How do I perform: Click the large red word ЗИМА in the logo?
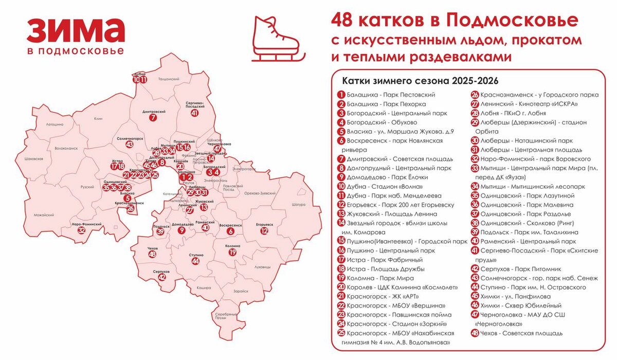coord(75,31)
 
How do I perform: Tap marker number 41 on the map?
coord(194,113)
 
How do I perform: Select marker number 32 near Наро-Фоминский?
coord(81,231)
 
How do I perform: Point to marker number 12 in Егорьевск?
coord(264,231)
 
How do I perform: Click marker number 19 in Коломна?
coord(232,253)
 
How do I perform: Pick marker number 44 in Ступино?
coord(195,261)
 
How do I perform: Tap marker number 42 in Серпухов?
coord(162,278)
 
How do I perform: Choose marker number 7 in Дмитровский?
coord(152,118)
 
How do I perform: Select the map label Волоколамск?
coord(65,148)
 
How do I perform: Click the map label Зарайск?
coord(241,291)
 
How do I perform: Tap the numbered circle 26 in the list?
coord(475,95)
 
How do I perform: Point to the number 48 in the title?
coord(348,21)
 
